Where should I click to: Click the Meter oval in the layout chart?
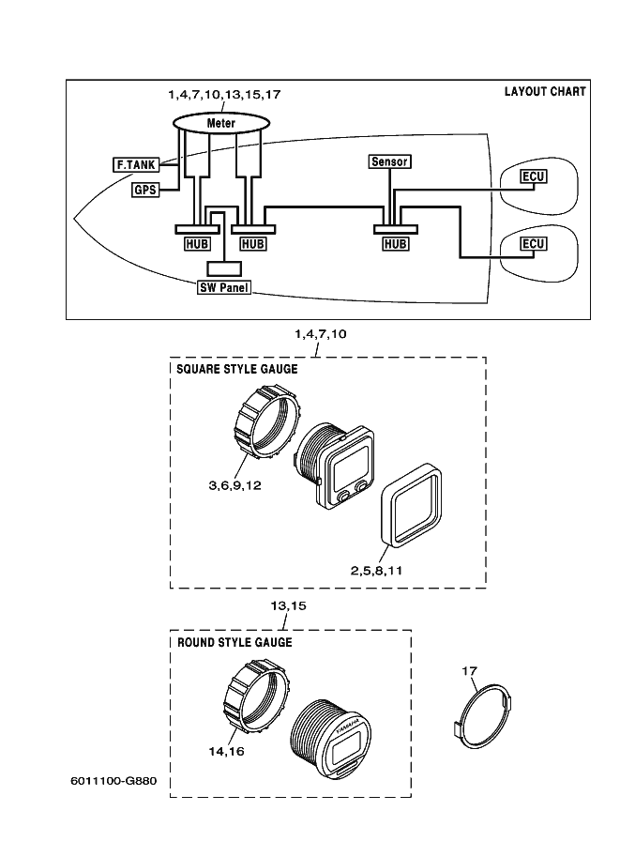(x=220, y=123)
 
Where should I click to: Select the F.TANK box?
(x=134, y=165)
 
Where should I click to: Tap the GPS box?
(x=144, y=190)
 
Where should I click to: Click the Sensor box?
(x=389, y=161)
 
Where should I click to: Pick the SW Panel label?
(x=223, y=288)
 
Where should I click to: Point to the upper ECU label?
(x=534, y=177)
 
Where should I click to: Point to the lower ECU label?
(x=534, y=244)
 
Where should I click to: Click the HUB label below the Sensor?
(x=396, y=244)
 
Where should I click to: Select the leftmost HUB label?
(x=196, y=244)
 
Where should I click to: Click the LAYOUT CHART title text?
(x=545, y=92)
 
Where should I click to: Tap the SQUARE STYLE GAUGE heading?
(x=237, y=369)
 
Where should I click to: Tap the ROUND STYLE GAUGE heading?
(x=234, y=643)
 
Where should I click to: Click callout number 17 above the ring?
(x=470, y=670)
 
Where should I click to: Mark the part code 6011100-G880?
(x=113, y=781)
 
